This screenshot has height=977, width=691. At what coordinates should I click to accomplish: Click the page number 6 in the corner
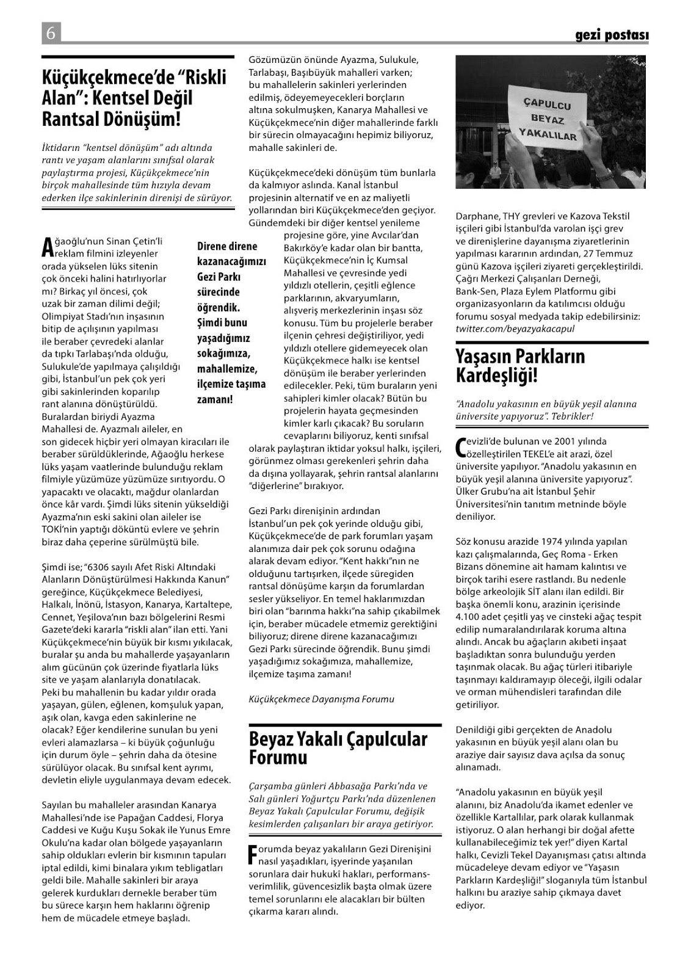coord(51,33)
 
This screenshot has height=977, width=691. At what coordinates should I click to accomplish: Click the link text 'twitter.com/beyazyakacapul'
coord(515,329)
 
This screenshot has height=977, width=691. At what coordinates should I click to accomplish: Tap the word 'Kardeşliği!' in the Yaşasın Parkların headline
coord(497,376)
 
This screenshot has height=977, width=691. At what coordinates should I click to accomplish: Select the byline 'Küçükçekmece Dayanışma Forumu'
coord(322,699)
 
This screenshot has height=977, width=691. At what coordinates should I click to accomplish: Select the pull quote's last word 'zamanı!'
coord(215,399)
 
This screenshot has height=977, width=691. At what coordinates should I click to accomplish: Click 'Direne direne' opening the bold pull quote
coord(227,247)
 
